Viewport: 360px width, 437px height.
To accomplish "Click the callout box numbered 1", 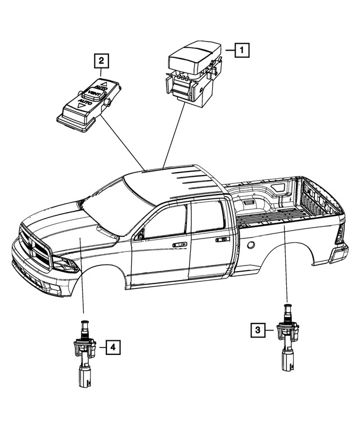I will tap(241, 51).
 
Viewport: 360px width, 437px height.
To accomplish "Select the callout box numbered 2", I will tap(101, 60).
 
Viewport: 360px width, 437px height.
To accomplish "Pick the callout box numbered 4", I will tap(113, 348).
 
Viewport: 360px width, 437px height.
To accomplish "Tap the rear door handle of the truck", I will tap(222, 240).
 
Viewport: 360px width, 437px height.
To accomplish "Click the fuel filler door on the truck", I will tap(251, 245).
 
